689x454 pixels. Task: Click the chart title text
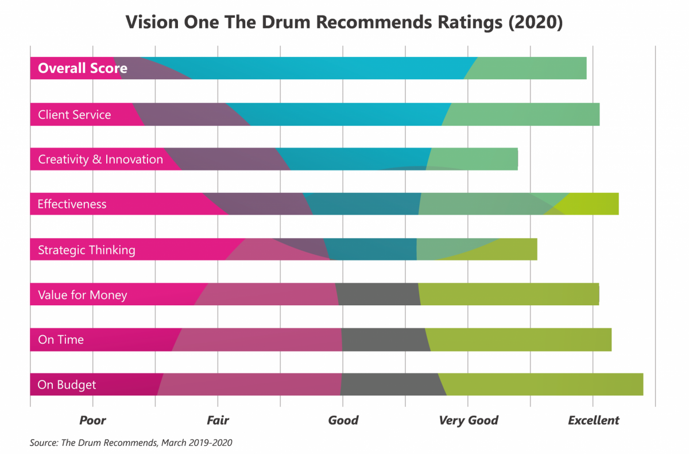coord(344,22)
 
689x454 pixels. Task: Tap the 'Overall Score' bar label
coord(82,68)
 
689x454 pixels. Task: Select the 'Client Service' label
coord(74,115)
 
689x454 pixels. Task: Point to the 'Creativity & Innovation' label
coord(100,160)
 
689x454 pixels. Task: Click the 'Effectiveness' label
coord(72,204)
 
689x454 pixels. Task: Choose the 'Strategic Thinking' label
coord(86,250)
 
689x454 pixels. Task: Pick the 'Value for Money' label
coord(82,295)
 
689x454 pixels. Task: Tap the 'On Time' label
coord(61,340)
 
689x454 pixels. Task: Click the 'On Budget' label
coord(67,385)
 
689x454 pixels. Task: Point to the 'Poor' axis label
coord(92,421)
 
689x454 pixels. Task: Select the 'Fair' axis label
coord(218,421)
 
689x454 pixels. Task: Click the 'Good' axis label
coord(343,421)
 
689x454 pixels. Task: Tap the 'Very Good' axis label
coord(469,421)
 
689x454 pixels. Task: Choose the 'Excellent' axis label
coord(594,421)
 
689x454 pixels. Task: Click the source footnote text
coord(131,443)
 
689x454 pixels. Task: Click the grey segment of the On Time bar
coord(384,340)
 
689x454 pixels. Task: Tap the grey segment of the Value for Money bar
coord(378,295)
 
